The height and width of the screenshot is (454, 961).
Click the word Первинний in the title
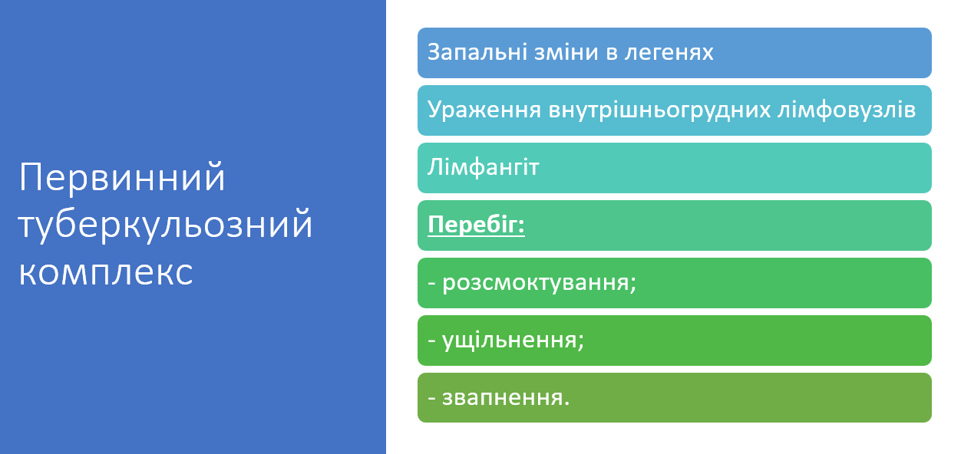tap(122, 177)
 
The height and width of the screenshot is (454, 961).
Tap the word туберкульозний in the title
tap(165, 225)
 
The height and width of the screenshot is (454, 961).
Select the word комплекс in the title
tap(106, 272)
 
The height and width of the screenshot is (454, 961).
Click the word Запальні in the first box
tap(477, 52)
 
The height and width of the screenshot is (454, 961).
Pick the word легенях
tap(669, 53)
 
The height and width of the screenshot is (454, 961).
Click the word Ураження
tap(484, 110)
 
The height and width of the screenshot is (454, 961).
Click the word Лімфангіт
tap(483, 167)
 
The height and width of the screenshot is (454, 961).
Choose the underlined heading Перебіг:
tap(476, 225)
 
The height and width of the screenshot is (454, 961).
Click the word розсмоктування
tap(536, 283)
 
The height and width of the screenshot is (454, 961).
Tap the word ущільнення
tap(510, 340)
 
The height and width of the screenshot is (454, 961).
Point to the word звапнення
tap(503, 398)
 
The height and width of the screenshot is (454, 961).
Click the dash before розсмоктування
tap(432, 285)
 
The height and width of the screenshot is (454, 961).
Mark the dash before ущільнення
tap(432, 342)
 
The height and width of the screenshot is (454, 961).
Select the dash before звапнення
tap(432, 399)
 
